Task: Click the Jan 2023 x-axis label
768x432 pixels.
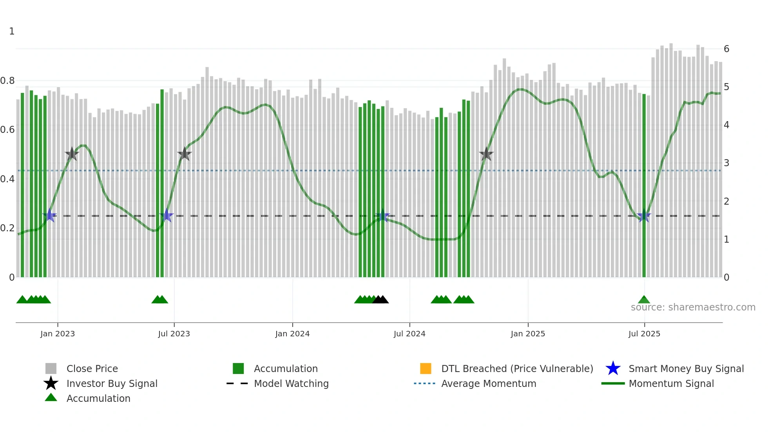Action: click(57, 334)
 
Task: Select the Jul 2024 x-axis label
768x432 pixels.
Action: click(409, 334)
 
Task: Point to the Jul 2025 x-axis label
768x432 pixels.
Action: click(644, 334)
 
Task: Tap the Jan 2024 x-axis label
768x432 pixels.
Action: click(292, 334)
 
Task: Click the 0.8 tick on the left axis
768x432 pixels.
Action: click(7, 81)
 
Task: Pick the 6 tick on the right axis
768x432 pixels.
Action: click(726, 49)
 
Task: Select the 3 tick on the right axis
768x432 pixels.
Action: click(726, 163)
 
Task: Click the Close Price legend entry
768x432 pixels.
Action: click(92, 368)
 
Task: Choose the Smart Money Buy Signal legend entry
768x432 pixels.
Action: click(686, 368)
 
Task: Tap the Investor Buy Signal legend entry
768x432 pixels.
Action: click(112, 383)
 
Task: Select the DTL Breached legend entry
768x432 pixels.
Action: click(517, 368)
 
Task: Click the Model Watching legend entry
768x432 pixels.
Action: click(291, 383)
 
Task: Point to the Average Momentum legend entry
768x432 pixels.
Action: click(489, 383)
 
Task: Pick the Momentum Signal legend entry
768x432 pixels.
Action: click(671, 383)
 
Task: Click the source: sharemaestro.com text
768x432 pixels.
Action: click(693, 307)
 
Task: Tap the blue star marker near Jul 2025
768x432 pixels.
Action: click(644, 216)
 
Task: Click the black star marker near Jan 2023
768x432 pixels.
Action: click(72, 154)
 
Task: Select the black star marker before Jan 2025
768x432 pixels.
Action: click(486, 154)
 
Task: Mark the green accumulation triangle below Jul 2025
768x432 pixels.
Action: click(644, 300)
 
